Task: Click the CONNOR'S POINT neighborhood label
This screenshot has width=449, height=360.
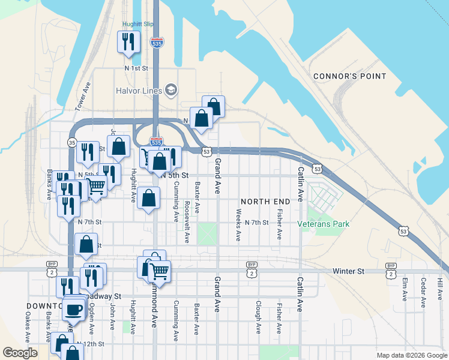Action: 349,76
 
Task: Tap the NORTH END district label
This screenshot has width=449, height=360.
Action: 265,201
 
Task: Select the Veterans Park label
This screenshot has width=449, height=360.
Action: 324,224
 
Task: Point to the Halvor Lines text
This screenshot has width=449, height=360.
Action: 139,91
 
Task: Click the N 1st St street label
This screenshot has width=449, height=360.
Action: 136,68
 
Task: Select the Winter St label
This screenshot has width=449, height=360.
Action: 348,271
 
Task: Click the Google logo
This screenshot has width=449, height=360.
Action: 20,353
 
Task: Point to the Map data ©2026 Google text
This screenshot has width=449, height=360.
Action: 411,355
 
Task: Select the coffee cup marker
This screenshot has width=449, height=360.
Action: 74,309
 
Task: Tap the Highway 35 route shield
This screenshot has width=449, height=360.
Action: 72,143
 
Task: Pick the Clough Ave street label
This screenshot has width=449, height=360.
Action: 258,317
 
